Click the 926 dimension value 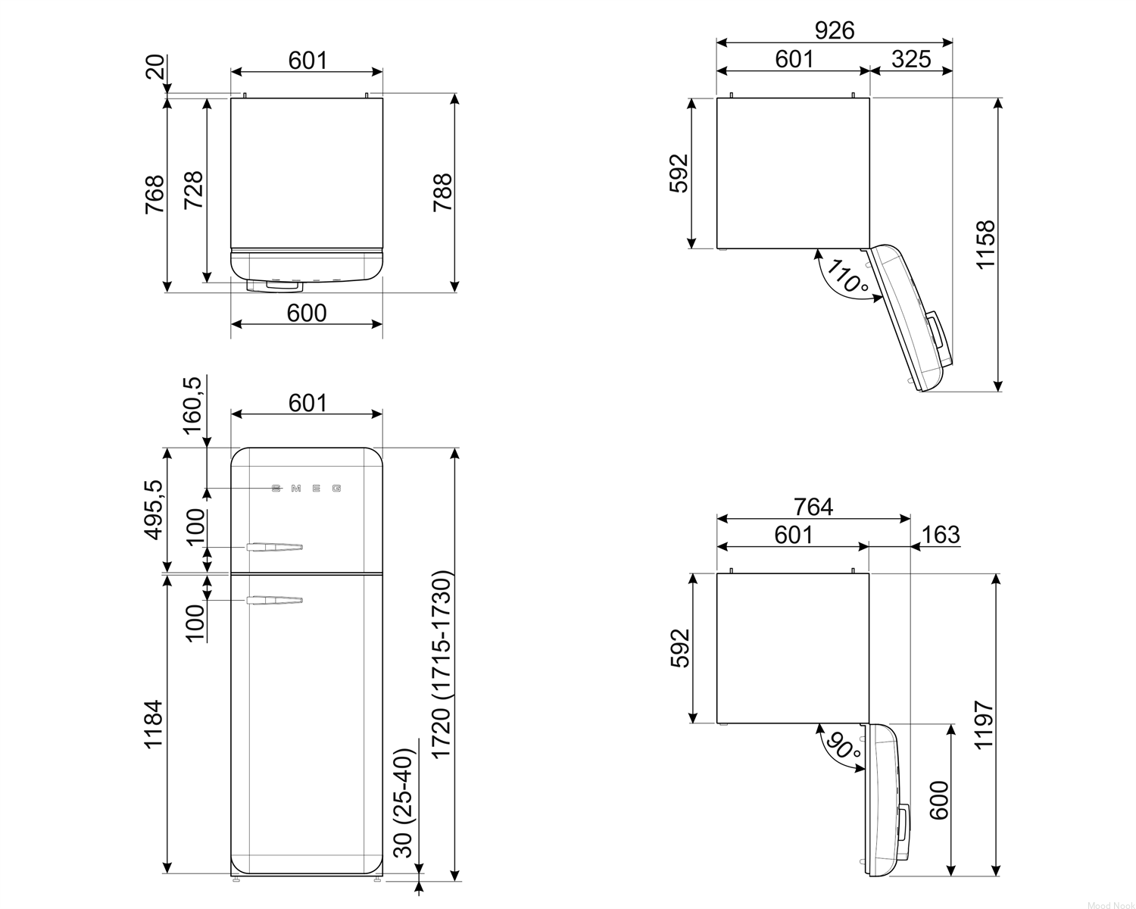834,30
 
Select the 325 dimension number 911,59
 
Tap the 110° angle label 847,276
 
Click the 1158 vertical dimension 985,245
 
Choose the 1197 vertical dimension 985,725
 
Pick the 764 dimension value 813,507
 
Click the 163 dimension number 941,535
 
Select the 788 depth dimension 443,193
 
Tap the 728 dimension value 194,190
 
